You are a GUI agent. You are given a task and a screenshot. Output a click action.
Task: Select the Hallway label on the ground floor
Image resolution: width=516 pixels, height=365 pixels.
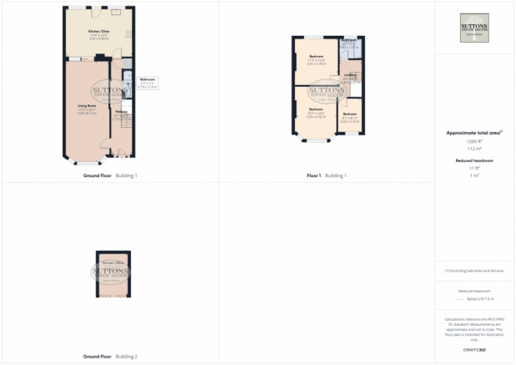click(121, 111)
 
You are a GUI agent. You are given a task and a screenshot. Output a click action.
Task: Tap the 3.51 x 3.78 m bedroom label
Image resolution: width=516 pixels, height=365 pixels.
click(316, 59)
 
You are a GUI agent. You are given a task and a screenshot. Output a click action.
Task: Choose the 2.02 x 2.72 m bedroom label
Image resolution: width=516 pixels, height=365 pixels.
click(351, 118)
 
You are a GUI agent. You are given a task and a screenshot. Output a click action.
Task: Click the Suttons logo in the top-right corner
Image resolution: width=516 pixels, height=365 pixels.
click(474, 27)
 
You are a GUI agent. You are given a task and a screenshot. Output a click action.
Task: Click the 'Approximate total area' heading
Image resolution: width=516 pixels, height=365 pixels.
click(474, 134)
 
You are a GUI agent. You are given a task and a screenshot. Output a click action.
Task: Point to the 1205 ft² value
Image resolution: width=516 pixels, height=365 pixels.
click(474, 141)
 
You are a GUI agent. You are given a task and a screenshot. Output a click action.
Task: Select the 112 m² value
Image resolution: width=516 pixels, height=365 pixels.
click(474, 149)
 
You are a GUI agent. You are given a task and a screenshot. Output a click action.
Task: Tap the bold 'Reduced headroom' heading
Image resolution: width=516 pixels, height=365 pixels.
click(474, 160)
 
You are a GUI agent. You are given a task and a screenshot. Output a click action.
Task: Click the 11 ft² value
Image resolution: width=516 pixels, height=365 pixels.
click(474, 168)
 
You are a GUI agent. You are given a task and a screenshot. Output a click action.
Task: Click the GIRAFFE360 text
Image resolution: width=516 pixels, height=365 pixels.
click(474, 347)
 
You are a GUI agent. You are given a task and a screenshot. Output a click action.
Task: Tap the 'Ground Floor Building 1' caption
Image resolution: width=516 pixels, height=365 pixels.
click(109, 175)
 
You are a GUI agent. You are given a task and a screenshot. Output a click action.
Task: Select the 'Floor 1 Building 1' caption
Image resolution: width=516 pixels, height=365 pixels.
click(326, 175)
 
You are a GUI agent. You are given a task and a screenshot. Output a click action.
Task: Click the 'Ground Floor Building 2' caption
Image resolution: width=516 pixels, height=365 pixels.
click(109, 357)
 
